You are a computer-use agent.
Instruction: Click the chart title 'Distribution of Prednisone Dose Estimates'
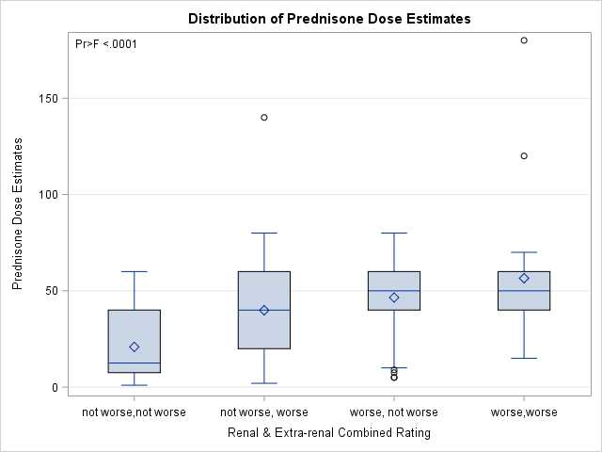tap(329, 19)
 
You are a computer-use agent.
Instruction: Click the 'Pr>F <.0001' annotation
tap(106, 44)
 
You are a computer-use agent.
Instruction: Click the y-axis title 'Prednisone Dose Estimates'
tap(18, 213)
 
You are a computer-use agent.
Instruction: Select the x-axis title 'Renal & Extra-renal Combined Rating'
tap(329, 433)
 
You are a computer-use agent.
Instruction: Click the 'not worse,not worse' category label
tap(135, 412)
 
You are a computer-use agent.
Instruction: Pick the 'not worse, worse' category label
tap(264, 412)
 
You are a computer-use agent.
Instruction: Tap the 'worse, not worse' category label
tap(394, 412)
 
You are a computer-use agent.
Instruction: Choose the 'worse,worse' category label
tap(524, 412)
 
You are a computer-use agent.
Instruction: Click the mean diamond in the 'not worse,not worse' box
tap(135, 347)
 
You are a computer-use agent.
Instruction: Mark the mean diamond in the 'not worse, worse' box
tap(264, 310)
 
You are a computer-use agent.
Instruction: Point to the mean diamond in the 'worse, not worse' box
tap(394, 298)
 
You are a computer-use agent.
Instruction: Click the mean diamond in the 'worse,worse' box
tap(524, 279)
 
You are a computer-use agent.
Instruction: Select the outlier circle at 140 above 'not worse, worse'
tap(264, 118)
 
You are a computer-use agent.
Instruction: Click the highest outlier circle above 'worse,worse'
tap(524, 40)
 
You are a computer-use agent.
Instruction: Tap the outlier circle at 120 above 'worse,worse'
tap(524, 156)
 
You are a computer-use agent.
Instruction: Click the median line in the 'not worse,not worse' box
tap(135, 363)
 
